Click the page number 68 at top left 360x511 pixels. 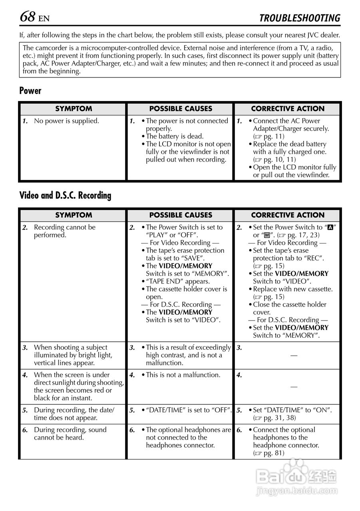point(28,17)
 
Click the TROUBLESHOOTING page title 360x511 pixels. point(299,18)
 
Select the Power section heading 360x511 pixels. point(30,91)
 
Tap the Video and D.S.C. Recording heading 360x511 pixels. point(66,196)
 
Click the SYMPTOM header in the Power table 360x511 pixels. point(74,109)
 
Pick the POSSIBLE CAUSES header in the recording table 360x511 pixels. point(181,215)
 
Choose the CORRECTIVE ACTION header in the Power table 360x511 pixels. point(288,109)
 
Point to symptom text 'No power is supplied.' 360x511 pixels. point(66,121)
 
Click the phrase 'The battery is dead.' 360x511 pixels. point(175,136)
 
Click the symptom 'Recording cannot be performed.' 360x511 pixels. point(64,231)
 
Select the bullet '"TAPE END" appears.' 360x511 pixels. point(177,281)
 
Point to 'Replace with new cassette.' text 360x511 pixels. point(292,289)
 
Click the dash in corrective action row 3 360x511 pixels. point(294,355)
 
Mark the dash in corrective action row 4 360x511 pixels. point(294,386)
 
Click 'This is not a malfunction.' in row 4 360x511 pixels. point(183,375)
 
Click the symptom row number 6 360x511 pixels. point(25,430)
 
